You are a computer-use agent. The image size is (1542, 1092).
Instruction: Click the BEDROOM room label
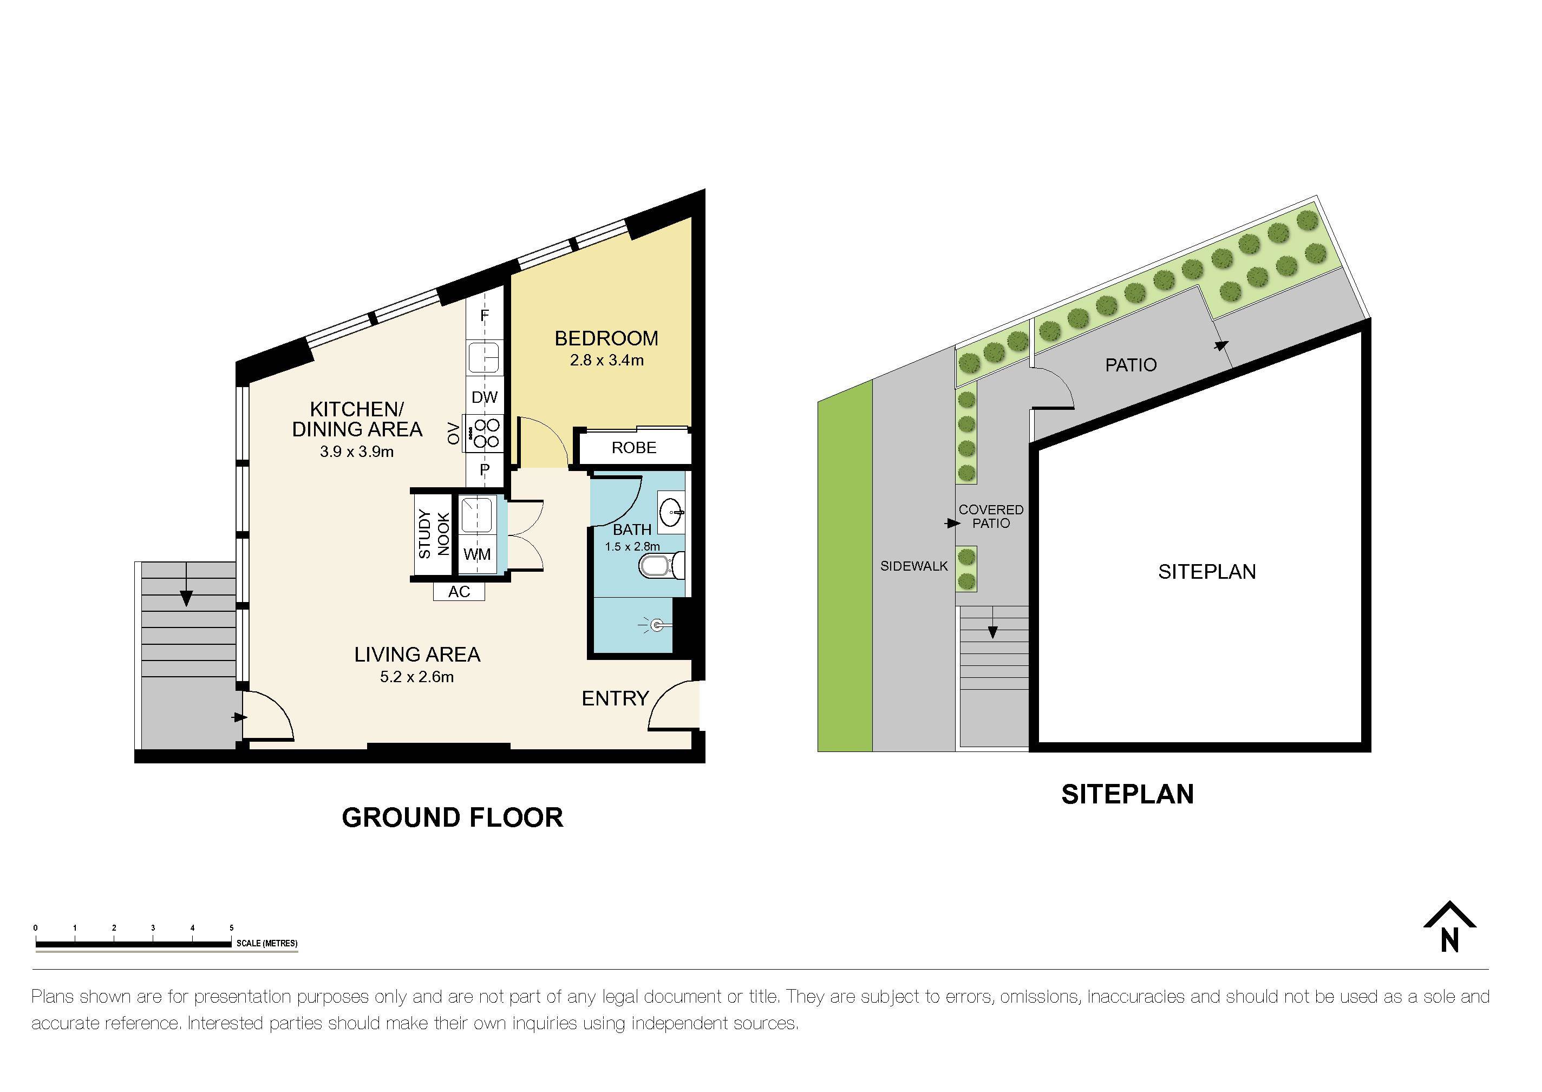click(606, 338)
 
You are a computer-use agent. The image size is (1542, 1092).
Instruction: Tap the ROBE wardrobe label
click(633, 448)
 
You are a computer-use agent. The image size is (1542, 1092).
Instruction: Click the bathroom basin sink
click(670, 514)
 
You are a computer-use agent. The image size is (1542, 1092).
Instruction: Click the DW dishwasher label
click(484, 397)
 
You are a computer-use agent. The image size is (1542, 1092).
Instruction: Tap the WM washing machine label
click(477, 555)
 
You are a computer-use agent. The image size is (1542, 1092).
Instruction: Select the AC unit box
click(459, 592)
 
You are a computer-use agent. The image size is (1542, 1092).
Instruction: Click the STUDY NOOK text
click(434, 534)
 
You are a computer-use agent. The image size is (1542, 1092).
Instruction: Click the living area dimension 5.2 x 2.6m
click(416, 677)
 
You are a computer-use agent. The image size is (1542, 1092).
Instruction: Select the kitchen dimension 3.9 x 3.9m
click(356, 452)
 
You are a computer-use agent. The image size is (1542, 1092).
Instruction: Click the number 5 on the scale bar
click(231, 928)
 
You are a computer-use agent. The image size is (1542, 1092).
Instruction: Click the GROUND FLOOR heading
click(452, 818)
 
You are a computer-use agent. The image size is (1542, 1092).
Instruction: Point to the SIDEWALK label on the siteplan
click(913, 566)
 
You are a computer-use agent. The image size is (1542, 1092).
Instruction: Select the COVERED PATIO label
click(991, 516)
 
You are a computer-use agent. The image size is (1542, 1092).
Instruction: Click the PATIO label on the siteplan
click(1131, 365)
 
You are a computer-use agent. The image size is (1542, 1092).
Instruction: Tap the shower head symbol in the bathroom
click(656, 625)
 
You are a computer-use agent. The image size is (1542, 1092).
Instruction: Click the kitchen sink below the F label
click(483, 357)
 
